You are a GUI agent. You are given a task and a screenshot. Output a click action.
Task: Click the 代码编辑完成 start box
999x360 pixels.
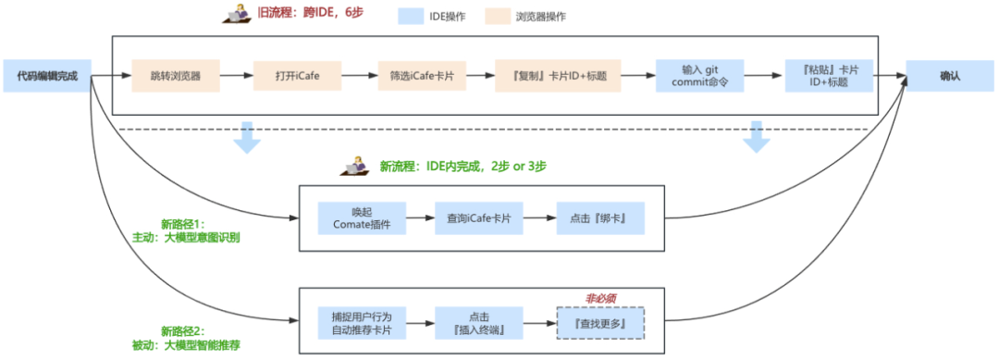pyautogui.click(x=46, y=76)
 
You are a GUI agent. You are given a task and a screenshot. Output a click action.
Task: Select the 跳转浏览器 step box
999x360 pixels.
pyautogui.click(x=177, y=76)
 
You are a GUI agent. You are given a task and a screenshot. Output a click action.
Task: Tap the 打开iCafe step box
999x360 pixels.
pyautogui.click(x=298, y=76)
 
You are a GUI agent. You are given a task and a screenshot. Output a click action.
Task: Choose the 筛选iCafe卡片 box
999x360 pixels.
pyautogui.click(x=422, y=76)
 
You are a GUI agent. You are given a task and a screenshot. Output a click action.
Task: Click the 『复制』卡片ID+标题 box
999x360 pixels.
pyautogui.click(x=557, y=76)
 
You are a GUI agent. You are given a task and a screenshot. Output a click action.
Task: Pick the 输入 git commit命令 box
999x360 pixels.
pyautogui.click(x=699, y=76)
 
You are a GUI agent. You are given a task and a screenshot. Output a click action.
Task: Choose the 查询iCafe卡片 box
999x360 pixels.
pyautogui.click(x=480, y=217)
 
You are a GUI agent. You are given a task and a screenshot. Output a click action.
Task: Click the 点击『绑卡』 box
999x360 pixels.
pyautogui.click(x=600, y=217)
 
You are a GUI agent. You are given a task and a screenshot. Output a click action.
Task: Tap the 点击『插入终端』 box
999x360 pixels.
pyautogui.click(x=480, y=320)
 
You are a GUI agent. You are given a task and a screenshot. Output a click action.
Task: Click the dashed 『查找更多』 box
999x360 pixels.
pyautogui.click(x=600, y=322)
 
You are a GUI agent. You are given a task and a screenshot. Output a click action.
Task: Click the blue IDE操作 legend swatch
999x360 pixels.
pyautogui.click(x=416, y=17)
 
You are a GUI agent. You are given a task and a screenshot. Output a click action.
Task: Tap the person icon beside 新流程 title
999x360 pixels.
pyautogui.click(x=355, y=168)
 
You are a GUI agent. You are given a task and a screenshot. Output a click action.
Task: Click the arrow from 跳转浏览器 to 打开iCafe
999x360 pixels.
pyautogui.click(x=238, y=76)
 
